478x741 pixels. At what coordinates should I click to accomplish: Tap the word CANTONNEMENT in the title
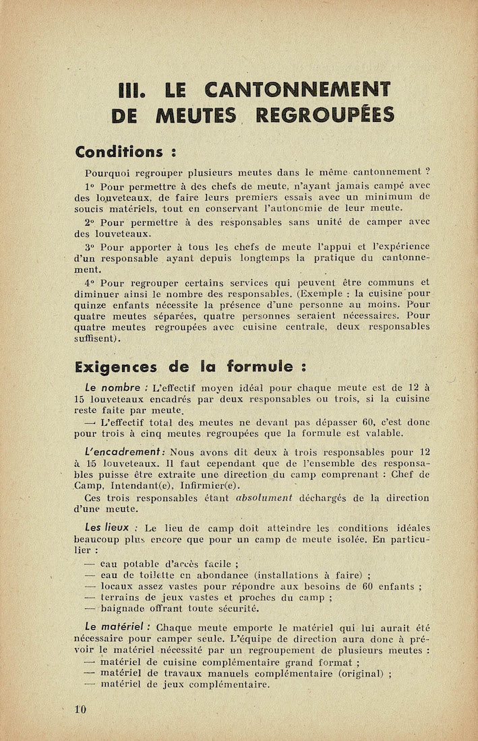(297, 89)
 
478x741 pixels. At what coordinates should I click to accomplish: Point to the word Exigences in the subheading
(116, 367)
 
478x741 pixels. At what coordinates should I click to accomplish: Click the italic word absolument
(264, 498)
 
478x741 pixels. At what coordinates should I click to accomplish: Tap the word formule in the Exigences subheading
(261, 367)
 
